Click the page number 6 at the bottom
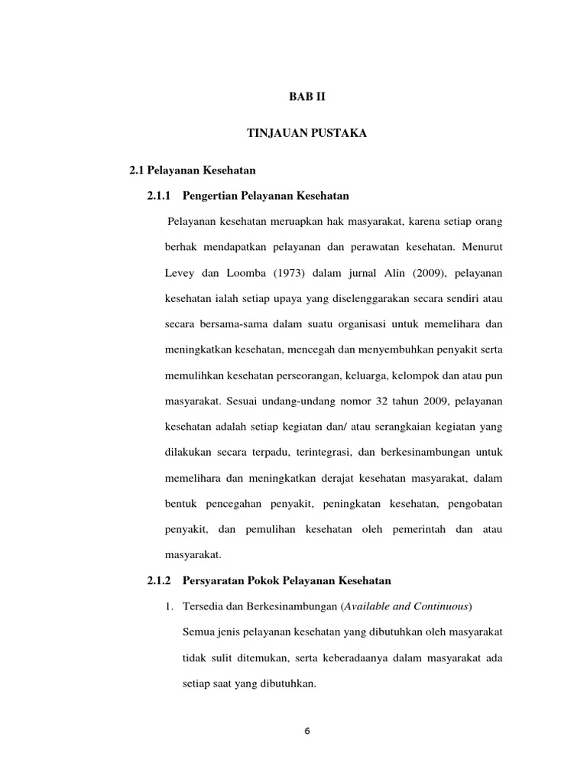click(x=306, y=731)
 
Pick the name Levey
click(x=180, y=273)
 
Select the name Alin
click(x=427, y=273)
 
